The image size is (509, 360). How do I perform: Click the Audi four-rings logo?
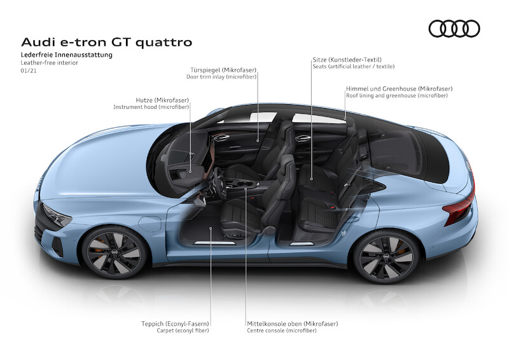click(x=454, y=29)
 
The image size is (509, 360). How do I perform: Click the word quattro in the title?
click(x=164, y=42)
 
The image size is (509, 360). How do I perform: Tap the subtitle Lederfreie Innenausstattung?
click(x=67, y=55)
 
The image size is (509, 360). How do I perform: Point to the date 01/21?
click(x=29, y=71)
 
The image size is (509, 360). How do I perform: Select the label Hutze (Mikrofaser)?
click(x=162, y=100)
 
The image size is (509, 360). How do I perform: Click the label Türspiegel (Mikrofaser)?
click(x=223, y=70)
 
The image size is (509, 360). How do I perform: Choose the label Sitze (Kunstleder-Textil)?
click(x=347, y=60)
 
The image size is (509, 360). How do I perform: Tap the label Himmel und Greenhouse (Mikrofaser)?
click(x=399, y=88)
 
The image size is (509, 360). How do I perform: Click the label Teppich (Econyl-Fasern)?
click(x=176, y=324)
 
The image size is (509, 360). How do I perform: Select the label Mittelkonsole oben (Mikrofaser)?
click(x=293, y=324)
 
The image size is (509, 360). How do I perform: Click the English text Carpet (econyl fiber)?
click(x=183, y=331)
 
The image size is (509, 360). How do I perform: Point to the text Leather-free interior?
click(x=50, y=63)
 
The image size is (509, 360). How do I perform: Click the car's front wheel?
click(x=115, y=253)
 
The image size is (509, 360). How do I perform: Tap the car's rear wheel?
click(x=386, y=256)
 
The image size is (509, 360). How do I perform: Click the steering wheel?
click(x=218, y=182)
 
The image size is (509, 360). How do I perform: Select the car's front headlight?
click(x=57, y=215)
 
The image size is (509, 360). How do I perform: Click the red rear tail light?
click(x=459, y=208)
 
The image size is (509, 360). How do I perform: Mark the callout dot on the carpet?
click(x=211, y=228)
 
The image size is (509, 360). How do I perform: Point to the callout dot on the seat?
click(x=311, y=179)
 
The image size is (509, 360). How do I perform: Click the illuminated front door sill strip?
click(x=214, y=243)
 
